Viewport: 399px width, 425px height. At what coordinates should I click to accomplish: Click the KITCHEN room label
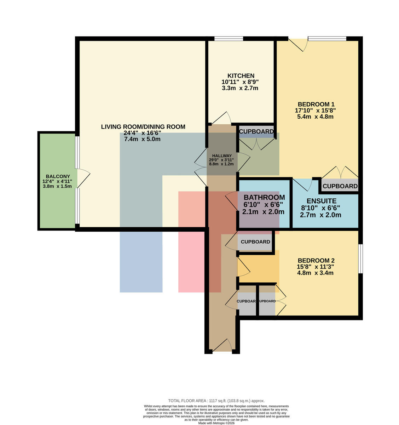tap(241, 76)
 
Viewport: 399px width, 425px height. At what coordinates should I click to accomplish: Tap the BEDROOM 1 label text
tap(316, 104)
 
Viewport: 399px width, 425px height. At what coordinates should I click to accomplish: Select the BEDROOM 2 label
tap(316, 260)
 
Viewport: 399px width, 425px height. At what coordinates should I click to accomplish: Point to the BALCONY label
tap(58, 176)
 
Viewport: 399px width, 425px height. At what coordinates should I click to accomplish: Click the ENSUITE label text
tap(322, 201)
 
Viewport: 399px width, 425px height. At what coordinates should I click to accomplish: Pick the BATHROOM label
tap(264, 197)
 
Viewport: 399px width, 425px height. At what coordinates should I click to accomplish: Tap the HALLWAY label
tap(222, 156)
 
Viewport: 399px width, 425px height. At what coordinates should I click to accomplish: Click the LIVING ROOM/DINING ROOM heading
tap(143, 127)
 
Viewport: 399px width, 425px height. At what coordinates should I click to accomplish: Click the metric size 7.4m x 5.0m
tap(142, 139)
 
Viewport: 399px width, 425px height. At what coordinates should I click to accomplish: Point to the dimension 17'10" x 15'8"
tap(316, 110)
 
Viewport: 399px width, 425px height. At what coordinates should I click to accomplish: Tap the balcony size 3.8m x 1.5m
tap(57, 186)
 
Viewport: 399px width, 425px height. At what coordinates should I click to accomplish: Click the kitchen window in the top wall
tap(229, 39)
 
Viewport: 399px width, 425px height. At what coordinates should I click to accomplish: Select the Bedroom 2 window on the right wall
tap(360, 259)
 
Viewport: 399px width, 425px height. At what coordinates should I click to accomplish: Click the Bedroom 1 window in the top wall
tap(327, 39)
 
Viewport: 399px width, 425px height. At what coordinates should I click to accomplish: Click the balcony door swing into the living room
tap(83, 178)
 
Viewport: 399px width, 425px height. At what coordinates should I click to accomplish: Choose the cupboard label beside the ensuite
tap(340, 186)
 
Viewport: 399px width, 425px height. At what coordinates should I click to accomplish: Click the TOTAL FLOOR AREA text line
tap(216, 401)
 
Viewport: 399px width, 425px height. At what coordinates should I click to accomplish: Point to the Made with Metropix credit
tap(216, 423)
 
